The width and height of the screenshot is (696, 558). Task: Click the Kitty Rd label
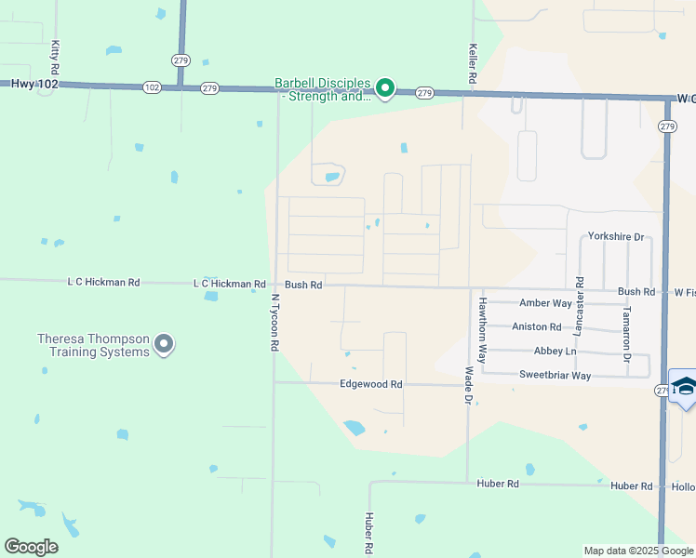pyautogui.click(x=56, y=57)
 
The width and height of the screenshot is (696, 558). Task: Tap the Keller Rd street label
pyautogui.click(x=473, y=64)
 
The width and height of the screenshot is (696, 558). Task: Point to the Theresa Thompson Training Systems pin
pyautogui.click(x=164, y=345)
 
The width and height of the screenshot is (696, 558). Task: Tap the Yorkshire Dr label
pyautogui.click(x=616, y=237)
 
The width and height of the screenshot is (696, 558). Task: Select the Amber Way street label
pyautogui.click(x=545, y=303)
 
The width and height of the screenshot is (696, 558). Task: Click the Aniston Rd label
pyautogui.click(x=537, y=326)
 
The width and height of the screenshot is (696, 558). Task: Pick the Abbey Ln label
pyautogui.click(x=555, y=352)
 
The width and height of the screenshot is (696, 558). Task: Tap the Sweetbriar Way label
pyautogui.click(x=555, y=376)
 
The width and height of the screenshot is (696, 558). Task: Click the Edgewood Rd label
pyautogui.click(x=370, y=384)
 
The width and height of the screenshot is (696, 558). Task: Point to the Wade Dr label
pyautogui.click(x=469, y=384)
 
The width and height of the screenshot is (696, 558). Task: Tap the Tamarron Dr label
pyautogui.click(x=627, y=333)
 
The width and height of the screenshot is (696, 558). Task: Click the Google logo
pyautogui.click(x=31, y=547)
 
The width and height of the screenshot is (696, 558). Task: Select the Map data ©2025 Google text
pyautogui.click(x=637, y=551)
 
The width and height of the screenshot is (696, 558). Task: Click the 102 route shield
pyautogui.click(x=153, y=87)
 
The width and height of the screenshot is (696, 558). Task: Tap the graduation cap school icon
pyautogui.click(x=684, y=387)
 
